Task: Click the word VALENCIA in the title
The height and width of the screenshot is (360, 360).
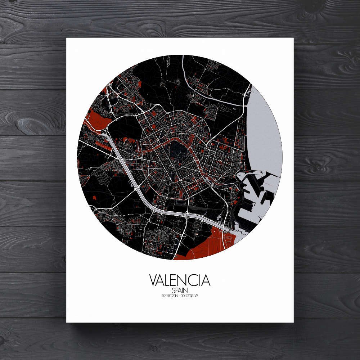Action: [180, 280]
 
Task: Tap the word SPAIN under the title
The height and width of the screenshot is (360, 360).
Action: [180, 290]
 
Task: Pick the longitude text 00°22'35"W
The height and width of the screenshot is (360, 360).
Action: [190, 296]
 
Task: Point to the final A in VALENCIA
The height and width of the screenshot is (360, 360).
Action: [206, 280]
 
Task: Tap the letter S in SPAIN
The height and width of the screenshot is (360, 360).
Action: [173, 290]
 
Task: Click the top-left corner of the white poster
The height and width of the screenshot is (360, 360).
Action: [67, 38]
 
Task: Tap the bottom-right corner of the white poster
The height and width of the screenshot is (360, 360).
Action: [293, 322]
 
